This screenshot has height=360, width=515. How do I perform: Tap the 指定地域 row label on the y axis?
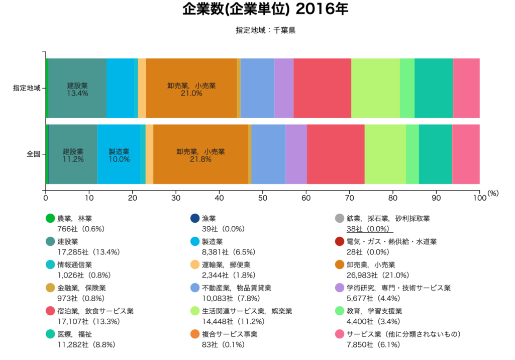point(27,88)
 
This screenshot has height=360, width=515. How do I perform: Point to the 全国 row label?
point(33,154)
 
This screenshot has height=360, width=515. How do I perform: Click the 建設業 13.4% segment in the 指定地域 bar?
point(77,88)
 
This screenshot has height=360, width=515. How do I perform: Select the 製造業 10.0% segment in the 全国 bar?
point(119,154)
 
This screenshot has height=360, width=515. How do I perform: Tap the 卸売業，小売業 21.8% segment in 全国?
point(200,154)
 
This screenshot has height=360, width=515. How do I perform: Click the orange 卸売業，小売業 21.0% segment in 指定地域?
point(191,88)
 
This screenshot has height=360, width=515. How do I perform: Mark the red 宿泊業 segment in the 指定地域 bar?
point(322,88)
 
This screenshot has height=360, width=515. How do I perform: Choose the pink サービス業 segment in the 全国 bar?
point(466,154)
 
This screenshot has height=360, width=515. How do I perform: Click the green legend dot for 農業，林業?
point(50,219)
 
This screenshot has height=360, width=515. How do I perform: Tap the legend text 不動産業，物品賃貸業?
point(236,288)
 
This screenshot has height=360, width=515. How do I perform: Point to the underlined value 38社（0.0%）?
point(368,229)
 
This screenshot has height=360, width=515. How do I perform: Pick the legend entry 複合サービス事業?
point(229,334)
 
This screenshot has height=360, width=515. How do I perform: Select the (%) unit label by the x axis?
point(493,193)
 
